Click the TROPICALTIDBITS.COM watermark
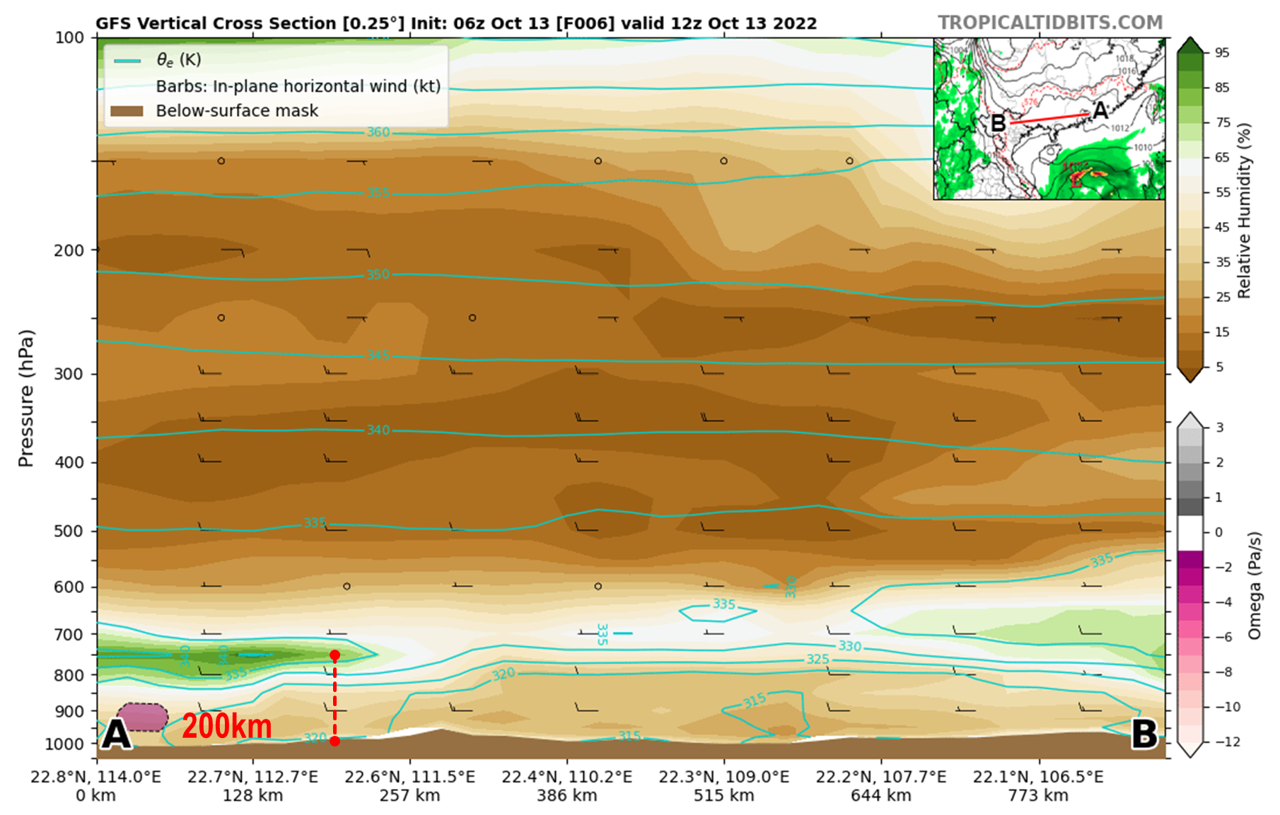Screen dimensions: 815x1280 coord(1050,23)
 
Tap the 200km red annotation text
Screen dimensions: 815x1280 coord(226,726)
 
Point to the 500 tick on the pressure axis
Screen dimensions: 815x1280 coord(69,531)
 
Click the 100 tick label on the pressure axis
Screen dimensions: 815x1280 coord(69,37)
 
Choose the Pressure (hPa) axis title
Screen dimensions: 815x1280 coord(26,398)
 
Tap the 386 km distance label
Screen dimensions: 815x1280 coord(566,796)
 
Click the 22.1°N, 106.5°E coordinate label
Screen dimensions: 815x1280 coord(1037,777)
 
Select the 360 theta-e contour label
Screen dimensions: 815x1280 coord(378,132)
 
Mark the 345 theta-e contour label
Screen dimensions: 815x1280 coord(378,355)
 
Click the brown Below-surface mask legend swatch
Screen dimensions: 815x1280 coord(127,111)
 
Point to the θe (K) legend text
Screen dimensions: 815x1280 coord(178,60)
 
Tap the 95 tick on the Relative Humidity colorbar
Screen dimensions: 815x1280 coord(1222,53)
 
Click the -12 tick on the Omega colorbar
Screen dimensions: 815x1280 coord(1228,741)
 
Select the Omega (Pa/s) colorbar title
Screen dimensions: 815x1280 coord(1255,586)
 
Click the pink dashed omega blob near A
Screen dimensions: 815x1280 coord(142,717)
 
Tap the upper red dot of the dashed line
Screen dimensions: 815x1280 coord(334,655)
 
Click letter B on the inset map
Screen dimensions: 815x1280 coord(998,124)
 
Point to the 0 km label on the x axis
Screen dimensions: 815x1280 coord(96,796)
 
